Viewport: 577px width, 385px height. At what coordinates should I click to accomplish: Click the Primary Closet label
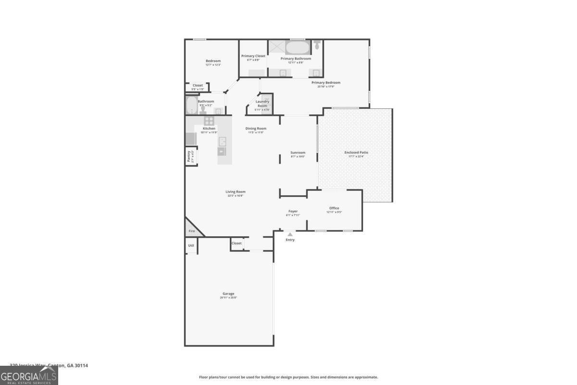point(253,56)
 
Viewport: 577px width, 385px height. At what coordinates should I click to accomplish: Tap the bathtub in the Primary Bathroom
point(298,48)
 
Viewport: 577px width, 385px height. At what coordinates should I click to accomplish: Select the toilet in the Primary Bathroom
point(317,45)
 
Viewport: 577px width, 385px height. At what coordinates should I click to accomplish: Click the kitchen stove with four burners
point(209,121)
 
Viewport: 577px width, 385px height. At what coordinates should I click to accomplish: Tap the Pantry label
point(188,157)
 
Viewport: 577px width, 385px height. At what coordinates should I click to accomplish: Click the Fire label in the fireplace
point(191,231)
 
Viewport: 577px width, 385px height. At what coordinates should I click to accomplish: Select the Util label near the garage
point(191,245)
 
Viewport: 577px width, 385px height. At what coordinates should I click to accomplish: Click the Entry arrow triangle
point(290,234)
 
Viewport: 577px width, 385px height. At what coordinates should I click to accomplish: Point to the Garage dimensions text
point(228,298)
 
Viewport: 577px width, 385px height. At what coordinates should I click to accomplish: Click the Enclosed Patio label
point(356,153)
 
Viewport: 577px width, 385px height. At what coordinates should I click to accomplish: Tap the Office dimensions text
point(334,212)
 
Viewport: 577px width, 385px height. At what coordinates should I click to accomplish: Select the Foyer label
point(293,211)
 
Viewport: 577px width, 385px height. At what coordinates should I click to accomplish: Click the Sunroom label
point(298,153)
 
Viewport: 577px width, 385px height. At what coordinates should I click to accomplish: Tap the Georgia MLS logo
point(29,375)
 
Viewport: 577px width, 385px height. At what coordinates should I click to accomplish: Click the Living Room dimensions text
point(235,196)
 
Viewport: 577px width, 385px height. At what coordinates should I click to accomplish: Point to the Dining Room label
point(256,128)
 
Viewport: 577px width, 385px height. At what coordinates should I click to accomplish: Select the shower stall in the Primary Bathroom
point(276,47)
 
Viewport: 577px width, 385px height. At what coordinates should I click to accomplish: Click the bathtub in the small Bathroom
point(191,105)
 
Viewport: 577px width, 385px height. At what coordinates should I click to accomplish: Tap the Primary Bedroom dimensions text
point(326,87)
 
